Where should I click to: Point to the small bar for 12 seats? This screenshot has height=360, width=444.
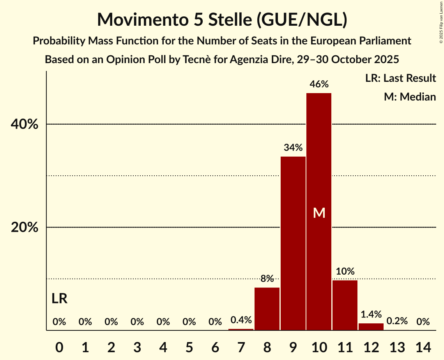(x=371, y=326)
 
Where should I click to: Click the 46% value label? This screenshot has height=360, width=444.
(x=319, y=84)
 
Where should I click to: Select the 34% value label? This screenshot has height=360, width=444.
(x=293, y=148)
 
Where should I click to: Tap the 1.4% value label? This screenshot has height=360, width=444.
(x=371, y=314)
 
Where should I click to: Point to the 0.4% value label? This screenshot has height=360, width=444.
(x=241, y=320)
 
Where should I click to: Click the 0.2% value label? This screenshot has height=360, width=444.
(x=397, y=321)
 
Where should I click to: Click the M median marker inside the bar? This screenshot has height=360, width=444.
(x=319, y=213)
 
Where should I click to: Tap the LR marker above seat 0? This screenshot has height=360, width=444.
(x=59, y=299)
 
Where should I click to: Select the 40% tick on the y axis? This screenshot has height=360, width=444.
(x=24, y=125)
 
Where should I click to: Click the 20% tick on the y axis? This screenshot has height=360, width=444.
(x=24, y=228)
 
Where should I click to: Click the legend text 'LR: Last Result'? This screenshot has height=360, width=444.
(x=400, y=78)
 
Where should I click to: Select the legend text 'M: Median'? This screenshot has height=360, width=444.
(x=410, y=97)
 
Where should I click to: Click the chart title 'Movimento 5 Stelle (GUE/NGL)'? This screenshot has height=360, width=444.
(x=222, y=20)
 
